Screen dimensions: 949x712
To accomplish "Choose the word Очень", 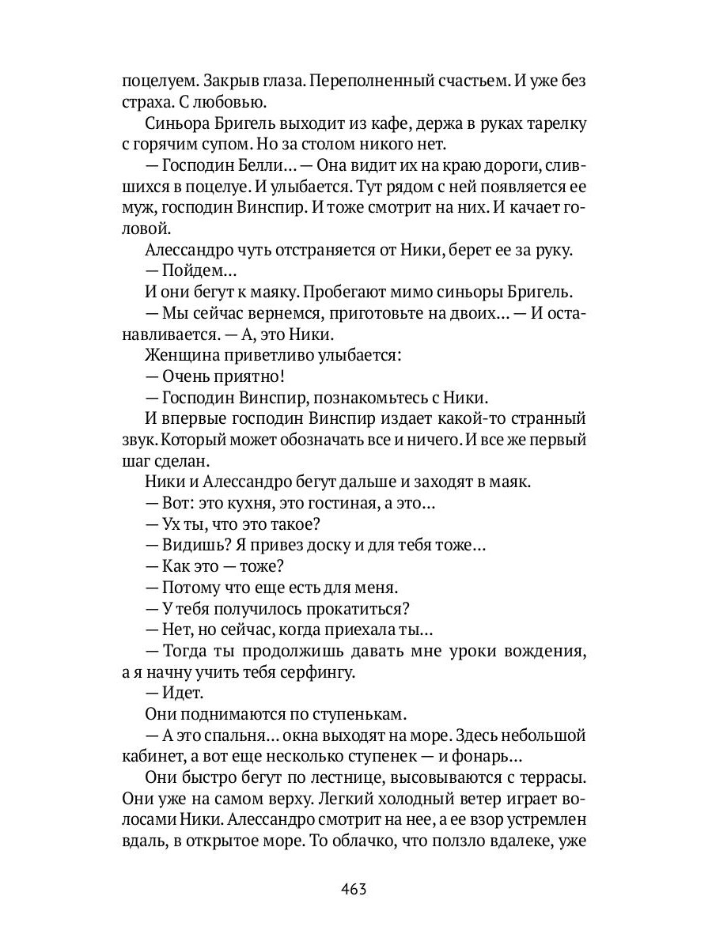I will click(187, 376).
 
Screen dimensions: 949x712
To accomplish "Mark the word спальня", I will click(231, 735).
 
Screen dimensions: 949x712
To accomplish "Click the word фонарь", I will click(486, 756).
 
